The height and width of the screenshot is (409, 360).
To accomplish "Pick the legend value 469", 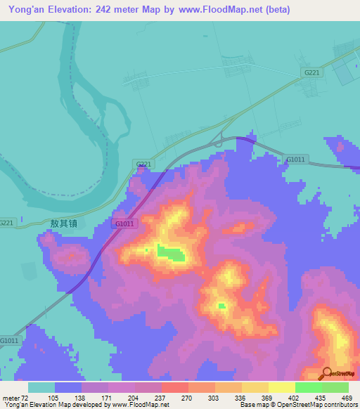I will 347,398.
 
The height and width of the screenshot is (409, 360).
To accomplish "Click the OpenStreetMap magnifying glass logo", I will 327,374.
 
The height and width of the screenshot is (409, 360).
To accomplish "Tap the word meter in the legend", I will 10,398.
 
